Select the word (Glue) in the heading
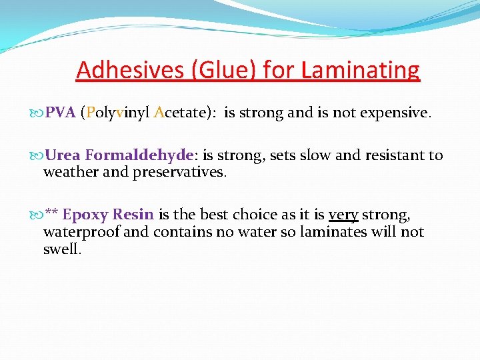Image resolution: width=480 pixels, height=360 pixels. point(216,69)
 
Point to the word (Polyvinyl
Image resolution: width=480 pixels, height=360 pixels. point(115,113)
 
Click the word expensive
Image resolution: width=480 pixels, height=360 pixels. point(395,113)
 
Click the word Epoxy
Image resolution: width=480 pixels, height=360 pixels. point(85,215)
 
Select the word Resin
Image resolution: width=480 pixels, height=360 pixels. point(133,215)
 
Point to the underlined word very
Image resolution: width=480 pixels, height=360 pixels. point(343,215)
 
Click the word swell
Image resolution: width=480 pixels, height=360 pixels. point(61,249)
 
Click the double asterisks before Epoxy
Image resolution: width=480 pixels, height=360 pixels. point(51,213)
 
